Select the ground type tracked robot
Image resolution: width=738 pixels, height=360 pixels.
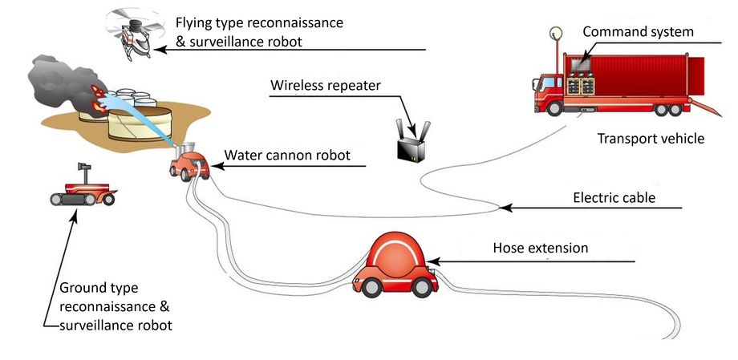(82, 189)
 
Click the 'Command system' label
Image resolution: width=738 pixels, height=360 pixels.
(638, 32)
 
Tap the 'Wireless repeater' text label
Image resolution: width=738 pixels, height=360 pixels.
(325, 85)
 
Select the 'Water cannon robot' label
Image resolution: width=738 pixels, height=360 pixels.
(287, 155)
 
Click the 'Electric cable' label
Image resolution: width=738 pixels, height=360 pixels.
(614, 197)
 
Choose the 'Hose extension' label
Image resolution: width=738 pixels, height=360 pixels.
(540, 248)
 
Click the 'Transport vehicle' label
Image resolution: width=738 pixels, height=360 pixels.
(651, 139)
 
